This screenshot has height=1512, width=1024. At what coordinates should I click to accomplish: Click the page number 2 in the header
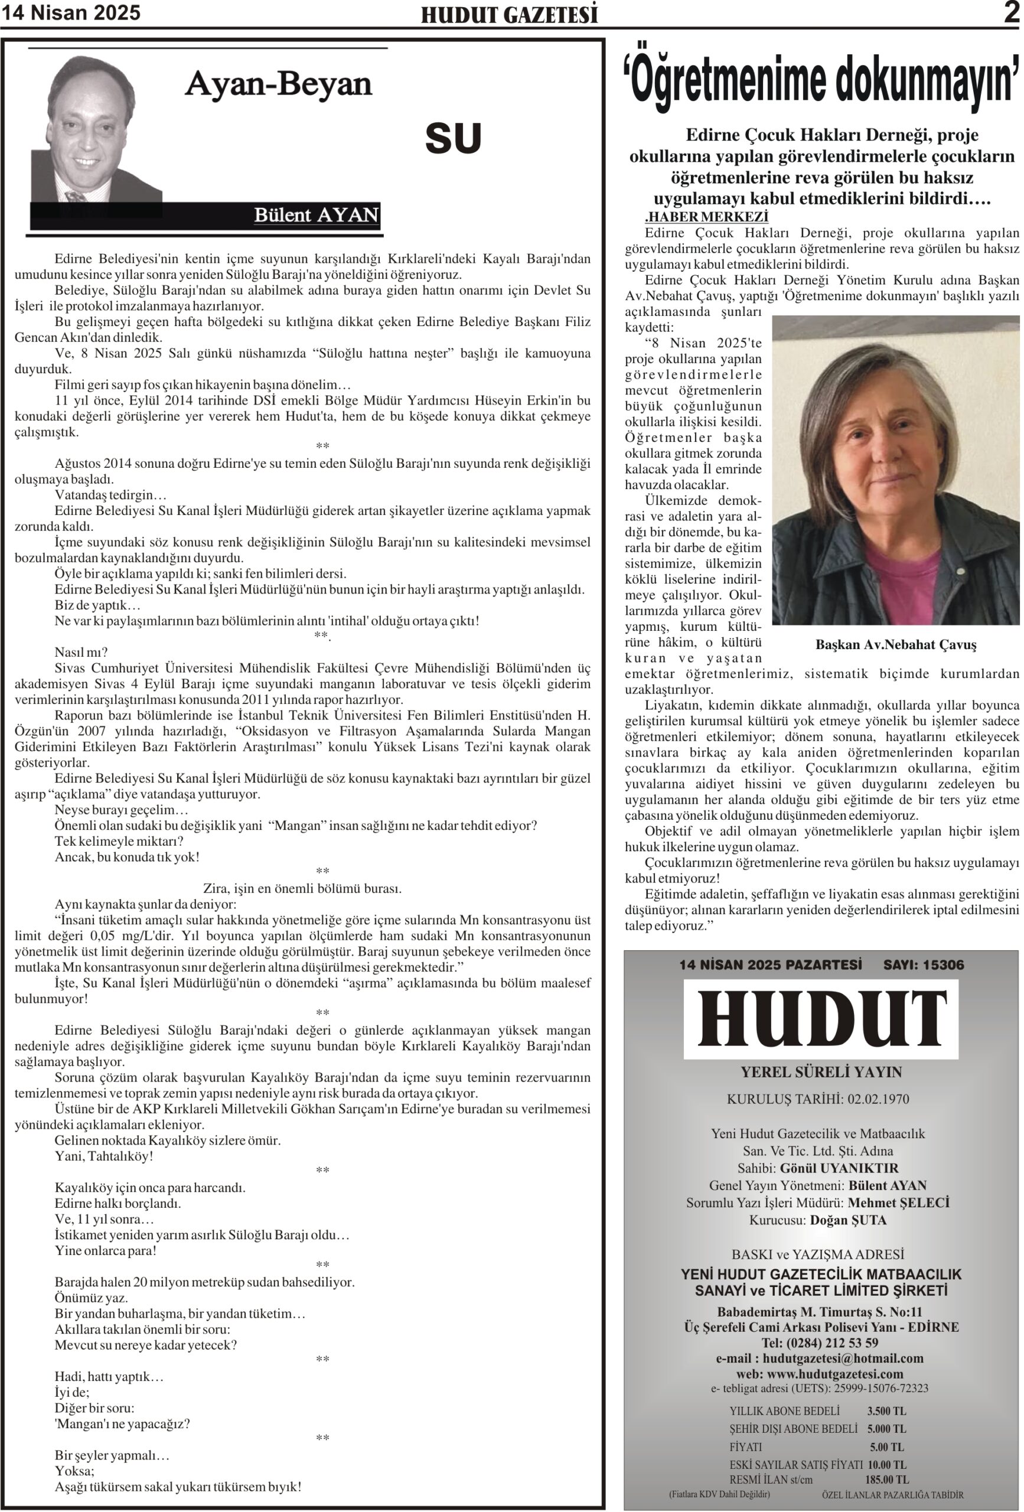click(x=1011, y=13)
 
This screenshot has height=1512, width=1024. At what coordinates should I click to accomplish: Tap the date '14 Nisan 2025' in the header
click(x=71, y=13)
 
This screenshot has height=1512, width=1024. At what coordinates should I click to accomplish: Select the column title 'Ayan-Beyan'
click(x=279, y=84)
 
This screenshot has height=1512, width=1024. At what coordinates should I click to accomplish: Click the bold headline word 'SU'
click(x=454, y=139)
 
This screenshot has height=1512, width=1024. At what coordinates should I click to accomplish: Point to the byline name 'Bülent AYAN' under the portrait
click(x=316, y=215)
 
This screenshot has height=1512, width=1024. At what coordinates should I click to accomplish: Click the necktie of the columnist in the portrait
click(x=76, y=195)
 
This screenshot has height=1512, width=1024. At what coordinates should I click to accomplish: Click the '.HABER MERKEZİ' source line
click(x=706, y=217)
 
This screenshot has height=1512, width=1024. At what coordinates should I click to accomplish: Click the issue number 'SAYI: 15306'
click(x=922, y=965)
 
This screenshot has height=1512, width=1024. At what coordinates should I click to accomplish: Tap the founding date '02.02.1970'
click(x=878, y=1099)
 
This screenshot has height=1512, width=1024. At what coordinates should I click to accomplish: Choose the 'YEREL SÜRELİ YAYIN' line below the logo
click(x=821, y=1071)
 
